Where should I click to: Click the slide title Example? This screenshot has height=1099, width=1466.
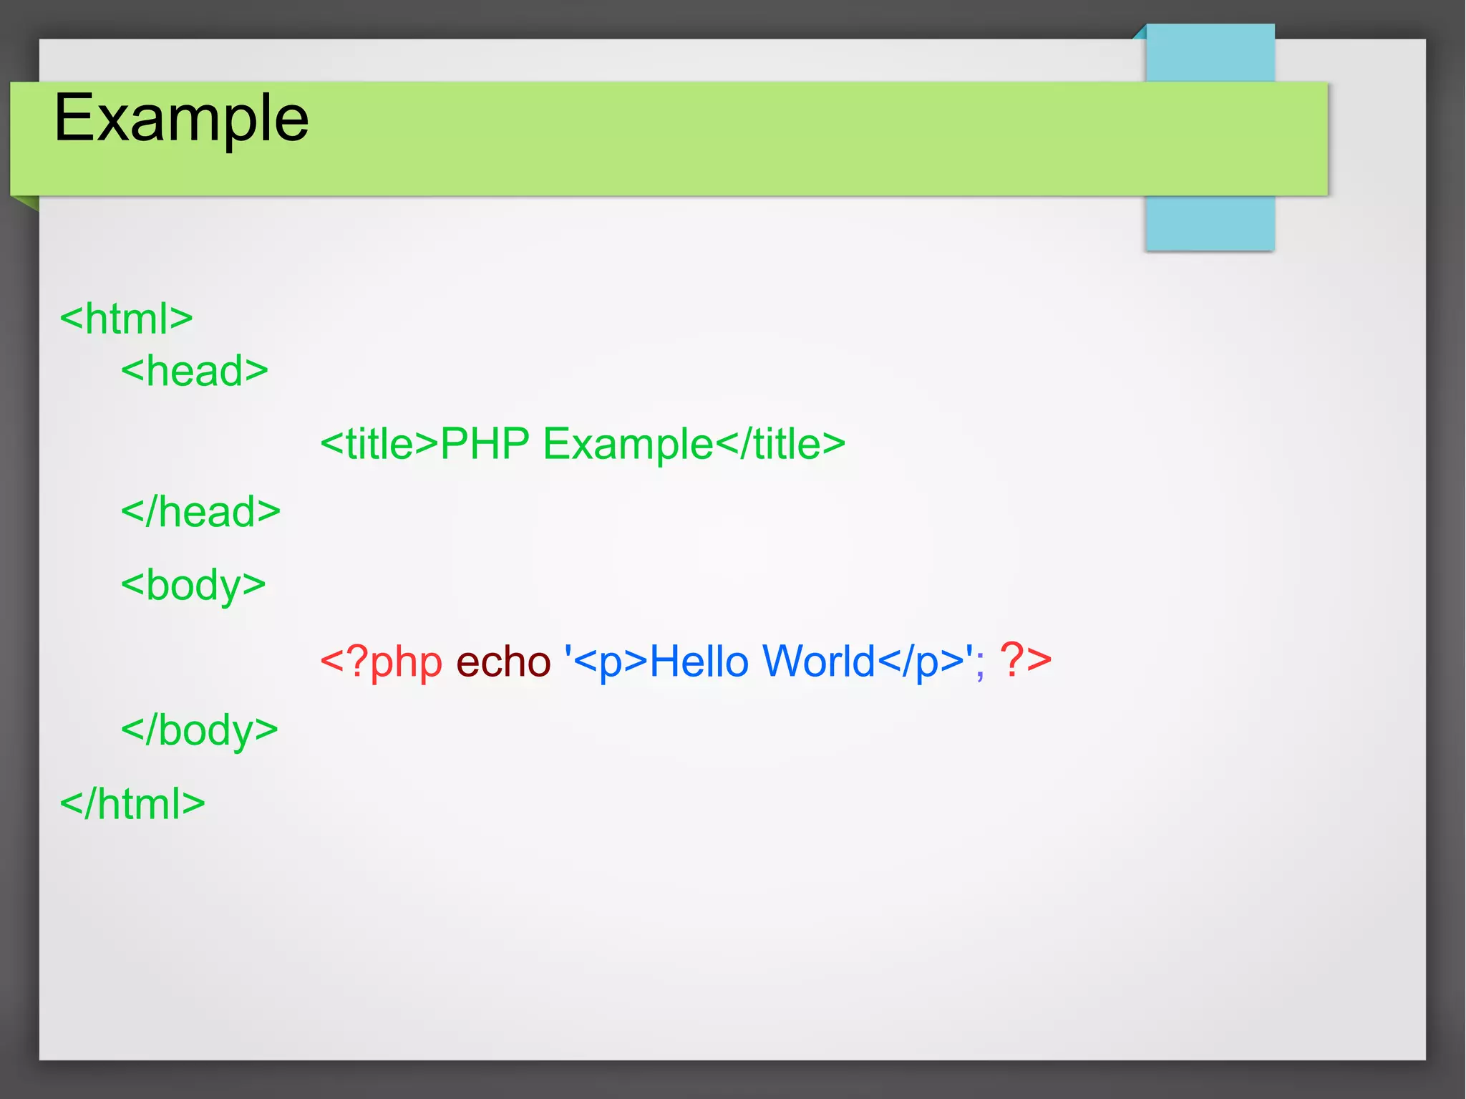point(181,118)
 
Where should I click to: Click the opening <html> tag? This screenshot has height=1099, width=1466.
point(126,319)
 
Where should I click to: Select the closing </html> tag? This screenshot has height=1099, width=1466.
point(132,803)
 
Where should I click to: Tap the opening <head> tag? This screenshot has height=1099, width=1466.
point(194,371)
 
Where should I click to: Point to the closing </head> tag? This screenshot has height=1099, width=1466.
point(200,512)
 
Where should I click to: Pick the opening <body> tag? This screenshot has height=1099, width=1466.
point(193,585)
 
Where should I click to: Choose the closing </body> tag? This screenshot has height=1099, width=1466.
point(199,730)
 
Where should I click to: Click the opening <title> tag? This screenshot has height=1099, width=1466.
point(379,444)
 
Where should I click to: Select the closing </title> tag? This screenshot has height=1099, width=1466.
point(780,444)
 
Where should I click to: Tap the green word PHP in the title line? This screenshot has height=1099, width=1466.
point(485,444)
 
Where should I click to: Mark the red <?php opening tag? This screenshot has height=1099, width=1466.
point(381,661)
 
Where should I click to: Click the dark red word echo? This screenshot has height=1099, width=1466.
point(503,661)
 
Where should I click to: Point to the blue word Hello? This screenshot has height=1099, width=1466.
point(699,661)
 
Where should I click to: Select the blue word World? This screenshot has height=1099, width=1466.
point(819,661)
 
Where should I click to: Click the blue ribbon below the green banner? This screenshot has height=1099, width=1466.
point(1210,223)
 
